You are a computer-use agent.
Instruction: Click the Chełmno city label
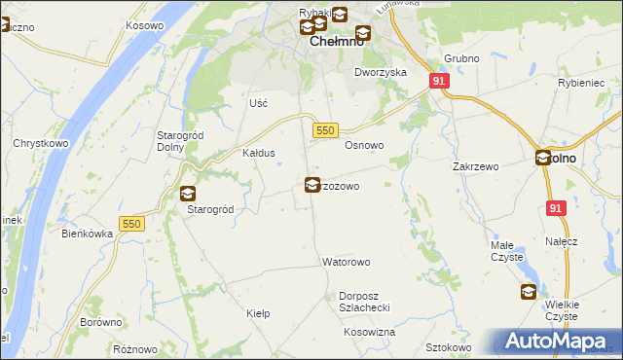(x=337, y=43)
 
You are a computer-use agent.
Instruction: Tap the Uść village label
(x=258, y=102)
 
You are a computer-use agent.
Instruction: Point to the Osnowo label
(x=365, y=145)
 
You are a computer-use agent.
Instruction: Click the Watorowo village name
(x=347, y=262)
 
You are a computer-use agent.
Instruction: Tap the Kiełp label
(x=258, y=313)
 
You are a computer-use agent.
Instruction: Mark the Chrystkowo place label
(x=39, y=143)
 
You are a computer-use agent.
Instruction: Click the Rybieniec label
(x=582, y=84)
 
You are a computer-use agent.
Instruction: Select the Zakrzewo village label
(x=475, y=166)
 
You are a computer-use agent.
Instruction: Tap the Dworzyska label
(x=381, y=72)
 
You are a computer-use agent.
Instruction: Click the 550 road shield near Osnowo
(x=325, y=130)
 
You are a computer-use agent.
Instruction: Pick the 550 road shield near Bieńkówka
(x=131, y=224)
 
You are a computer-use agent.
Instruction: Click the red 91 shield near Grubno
(x=439, y=82)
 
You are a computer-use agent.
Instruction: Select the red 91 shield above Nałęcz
(x=556, y=208)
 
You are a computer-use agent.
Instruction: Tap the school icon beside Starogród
(x=187, y=193)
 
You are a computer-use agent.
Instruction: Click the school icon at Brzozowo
(x=311, y=184)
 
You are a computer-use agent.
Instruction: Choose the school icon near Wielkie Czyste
(x=528, y=291)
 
